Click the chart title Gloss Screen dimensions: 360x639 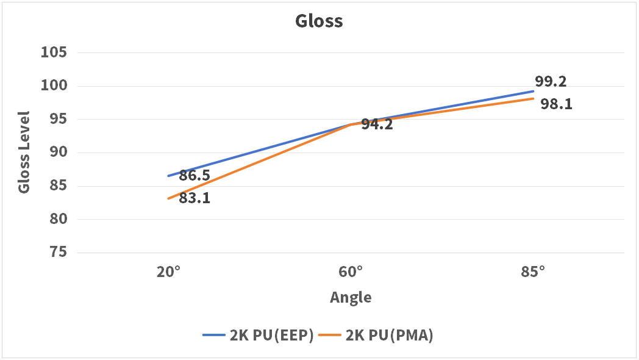tap(319, 21)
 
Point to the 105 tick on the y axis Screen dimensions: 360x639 tap(54, 52)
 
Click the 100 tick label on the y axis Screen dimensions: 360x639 tap(54, 86)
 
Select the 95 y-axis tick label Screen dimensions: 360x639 tap(58, 120)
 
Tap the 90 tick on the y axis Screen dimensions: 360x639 tap(58, 153)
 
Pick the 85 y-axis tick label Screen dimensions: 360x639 tap(58, 186)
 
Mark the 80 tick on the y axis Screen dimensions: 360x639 tap(58, 219)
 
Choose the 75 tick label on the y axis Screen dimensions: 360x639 tap(58, 253)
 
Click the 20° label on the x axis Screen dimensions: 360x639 tap(168, 272)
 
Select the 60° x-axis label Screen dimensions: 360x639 tap(351, 272)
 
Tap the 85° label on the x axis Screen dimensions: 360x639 tap(533, 272)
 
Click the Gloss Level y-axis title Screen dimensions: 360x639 tap(24, 152)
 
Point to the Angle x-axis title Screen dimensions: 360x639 tap(351, 298)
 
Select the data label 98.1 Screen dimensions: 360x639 tap(556, 104)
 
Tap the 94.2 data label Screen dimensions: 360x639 tap(377, 125)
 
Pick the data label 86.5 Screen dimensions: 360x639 tap(195, 176)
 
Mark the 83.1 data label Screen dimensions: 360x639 tap(195, 198)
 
